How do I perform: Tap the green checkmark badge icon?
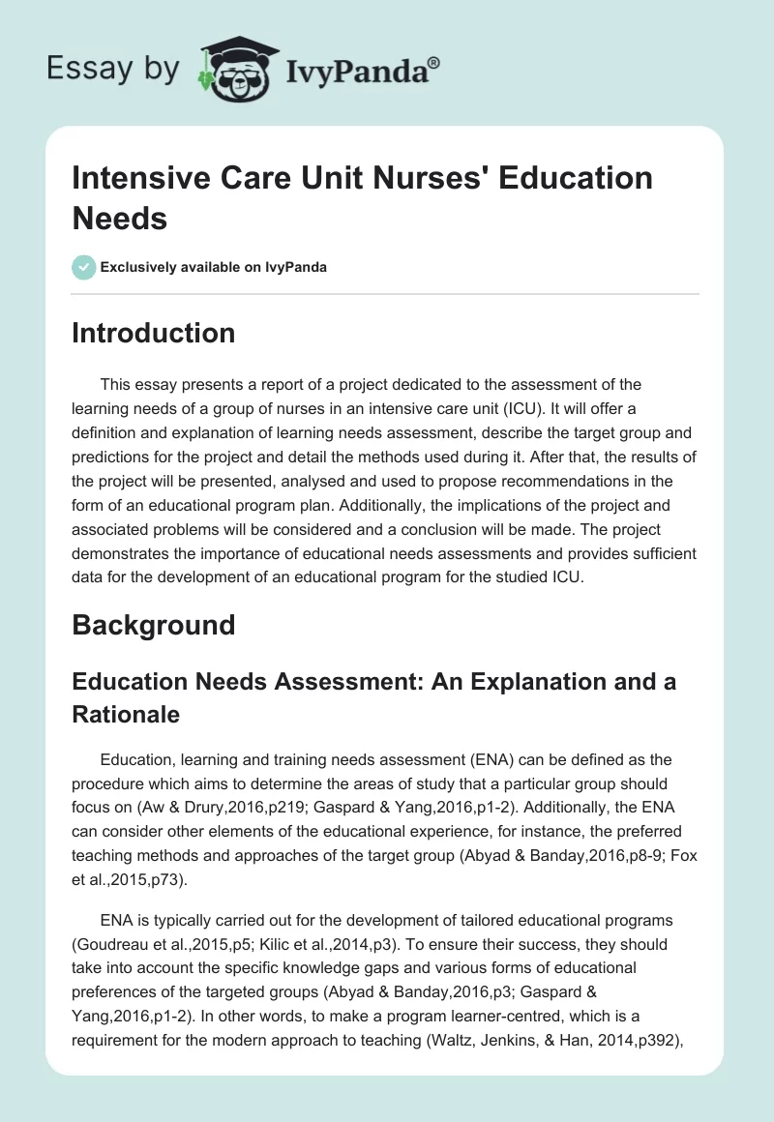(x=83, y=267)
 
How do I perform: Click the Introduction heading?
(x=154, y=333)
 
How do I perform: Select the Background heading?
(x=154, y=624)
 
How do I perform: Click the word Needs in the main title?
(x=120, y=218)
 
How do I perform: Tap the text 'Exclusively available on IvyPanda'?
(x=213, y=267)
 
